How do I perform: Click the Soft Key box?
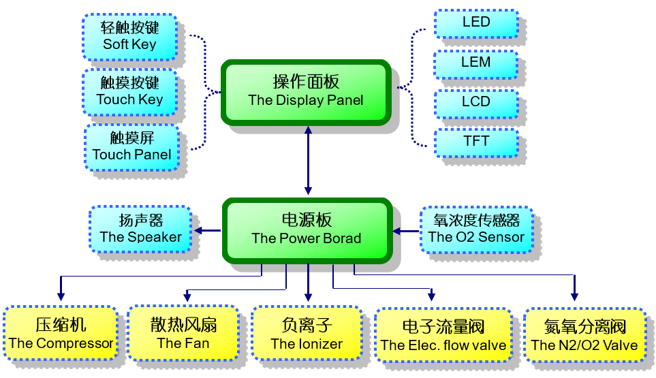click(x=129, y=36)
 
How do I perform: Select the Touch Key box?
click(x=129, y=91)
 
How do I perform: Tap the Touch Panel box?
click(x=132, y=146)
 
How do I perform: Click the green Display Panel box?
click(x=306, y=91)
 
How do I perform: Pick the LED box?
click(x=476, y=22)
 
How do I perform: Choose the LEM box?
click(x=476, y=63)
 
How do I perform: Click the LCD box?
click(x=476, y=102)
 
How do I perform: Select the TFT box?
click(x=476, y=142)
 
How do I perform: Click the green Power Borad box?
click(x=307, y=230)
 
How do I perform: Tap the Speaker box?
click(x=140, y=229)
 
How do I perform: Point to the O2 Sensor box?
click(x=476, y=230)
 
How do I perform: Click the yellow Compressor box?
click(x=61, y=334)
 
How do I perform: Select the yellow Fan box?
click(x=183, y=334)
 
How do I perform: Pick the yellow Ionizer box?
click(x=307, y=334)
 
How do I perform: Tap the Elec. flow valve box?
click(x=443, y=336)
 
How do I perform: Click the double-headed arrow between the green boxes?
click(x=308, y=161)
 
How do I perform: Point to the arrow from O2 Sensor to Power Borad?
click(x=406, y=232)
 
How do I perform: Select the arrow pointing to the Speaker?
click(x=208, y=231)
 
